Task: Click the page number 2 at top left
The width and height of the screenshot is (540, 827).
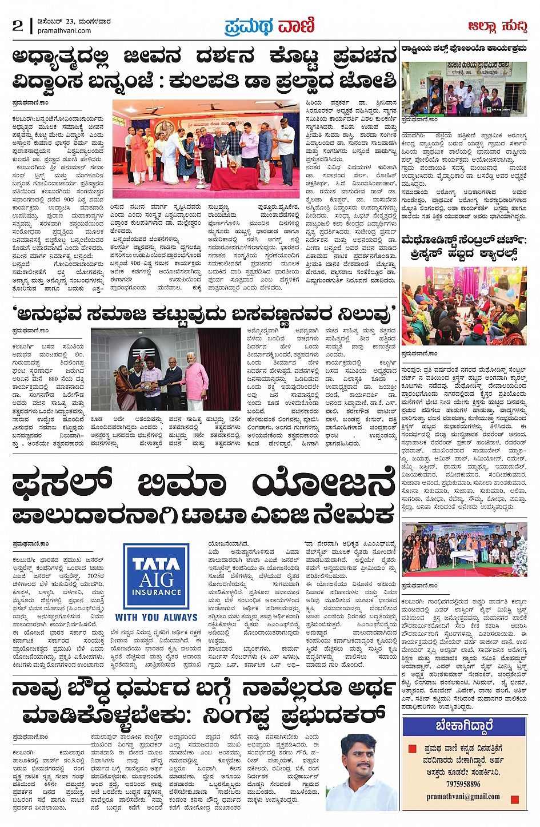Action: tap(18, 25)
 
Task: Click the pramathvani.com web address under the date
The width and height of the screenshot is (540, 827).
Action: tap(64, 31)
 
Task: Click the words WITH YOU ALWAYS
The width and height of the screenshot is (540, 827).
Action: tap(156, 618)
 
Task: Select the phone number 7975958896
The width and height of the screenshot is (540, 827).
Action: tap(463, 784)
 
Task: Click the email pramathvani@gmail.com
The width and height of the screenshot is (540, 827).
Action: tap(463, 796)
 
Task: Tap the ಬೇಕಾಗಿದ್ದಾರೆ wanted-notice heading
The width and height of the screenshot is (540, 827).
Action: tap(463, 726)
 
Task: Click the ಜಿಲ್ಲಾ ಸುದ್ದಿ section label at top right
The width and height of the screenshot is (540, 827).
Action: tap(497, 26)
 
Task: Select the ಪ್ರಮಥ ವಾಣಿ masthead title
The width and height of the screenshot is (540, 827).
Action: tap(270, 26)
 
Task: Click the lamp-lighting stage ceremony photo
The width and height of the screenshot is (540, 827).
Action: tap(206, 149)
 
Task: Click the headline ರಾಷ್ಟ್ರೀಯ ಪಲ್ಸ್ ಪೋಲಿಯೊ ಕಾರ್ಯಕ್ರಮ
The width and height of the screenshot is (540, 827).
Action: tap(463, 49)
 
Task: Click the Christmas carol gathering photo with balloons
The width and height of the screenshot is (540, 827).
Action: tap(463, 307)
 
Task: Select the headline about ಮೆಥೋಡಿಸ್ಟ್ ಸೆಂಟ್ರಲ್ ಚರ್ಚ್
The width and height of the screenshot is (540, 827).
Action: tap(463, 246)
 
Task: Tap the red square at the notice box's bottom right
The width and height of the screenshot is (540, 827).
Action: tap(515, 800)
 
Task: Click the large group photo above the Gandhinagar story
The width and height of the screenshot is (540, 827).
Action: tap(463, 549)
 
